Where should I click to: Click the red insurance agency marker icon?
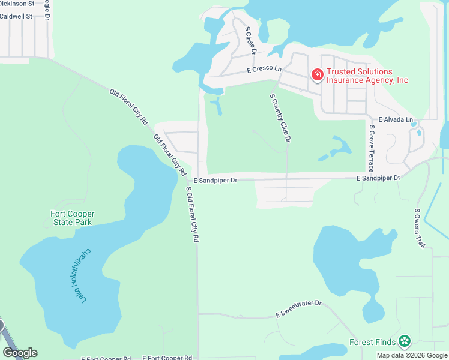(x=317, y=74)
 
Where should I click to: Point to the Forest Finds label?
(x=372, y=343)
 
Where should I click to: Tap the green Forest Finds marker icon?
(x=405, y=342)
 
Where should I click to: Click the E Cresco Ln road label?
(x=264, y=70)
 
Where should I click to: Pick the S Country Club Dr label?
(x=280, y=118)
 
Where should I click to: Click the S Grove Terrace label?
(x=372, y=148)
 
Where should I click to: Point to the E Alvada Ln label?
(x=396, y=119)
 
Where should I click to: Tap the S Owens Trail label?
(x=420, y=229)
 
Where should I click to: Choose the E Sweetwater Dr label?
(x=299, y=309)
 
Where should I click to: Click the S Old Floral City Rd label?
(x=192, y=214)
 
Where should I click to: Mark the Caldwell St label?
(x=16, y=17)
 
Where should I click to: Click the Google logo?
(x=20, y=353)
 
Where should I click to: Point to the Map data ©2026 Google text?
(x=412, y=355)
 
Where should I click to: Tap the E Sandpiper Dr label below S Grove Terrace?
(x=378, y=178)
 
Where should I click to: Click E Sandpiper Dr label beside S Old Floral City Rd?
(x=215, y=180)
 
